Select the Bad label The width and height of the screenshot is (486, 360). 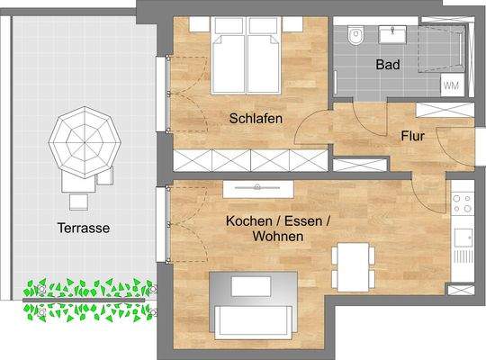tap(389, 66)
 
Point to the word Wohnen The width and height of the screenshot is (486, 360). tap(277, 236)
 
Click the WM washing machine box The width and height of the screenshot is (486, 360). tap(451, 85)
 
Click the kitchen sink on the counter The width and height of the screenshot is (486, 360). tap(463, 239)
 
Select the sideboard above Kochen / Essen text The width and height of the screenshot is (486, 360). tap(259, 187)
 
